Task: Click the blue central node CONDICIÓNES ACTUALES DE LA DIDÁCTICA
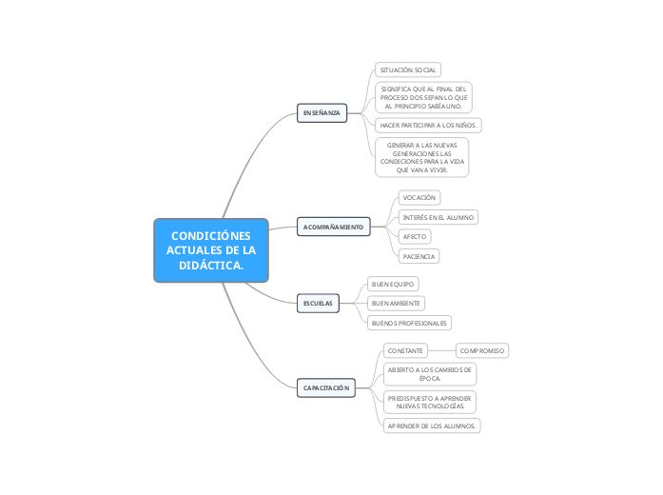211,250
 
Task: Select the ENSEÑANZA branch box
322,112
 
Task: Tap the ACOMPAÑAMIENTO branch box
333,228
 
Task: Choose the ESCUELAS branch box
318,303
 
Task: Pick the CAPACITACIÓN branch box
326,388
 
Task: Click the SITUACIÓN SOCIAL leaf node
408,70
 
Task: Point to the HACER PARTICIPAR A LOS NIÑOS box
429,126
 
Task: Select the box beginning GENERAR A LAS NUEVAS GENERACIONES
421,157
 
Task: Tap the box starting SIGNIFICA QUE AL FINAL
423,97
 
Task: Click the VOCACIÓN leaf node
419,197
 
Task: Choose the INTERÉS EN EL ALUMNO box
438,217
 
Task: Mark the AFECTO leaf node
415,236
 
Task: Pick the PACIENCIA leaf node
419,256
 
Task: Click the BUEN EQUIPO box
393,284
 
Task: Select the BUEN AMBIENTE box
396,303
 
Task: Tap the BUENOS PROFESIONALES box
409,323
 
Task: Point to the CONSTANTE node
405,350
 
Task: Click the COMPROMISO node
482,350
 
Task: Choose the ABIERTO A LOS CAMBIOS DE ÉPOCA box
430,372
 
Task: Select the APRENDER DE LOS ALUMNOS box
431,426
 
